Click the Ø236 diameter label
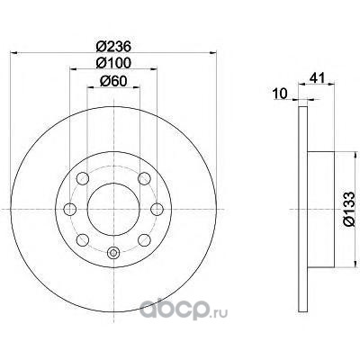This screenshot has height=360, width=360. pyautogui.click(x=113, y=47)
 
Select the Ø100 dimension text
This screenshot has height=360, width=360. pyautogui.click(x=113, y=63)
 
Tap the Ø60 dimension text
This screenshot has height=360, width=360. pyautogui.click(x=113, y=81)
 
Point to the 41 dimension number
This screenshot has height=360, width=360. pyautogui.click(x=317, y=78)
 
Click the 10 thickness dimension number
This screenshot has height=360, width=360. pyautogui.click(x=281, y=94)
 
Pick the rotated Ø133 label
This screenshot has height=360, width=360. pyautogui.click(x=349, y=210)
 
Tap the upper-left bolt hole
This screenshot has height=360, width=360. pyautogui.click(x=83, y=179)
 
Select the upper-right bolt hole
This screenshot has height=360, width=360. pyautogui.click(x=144, y=179)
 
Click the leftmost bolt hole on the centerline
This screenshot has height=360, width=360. pyautogui.click(x=70, y=209)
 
